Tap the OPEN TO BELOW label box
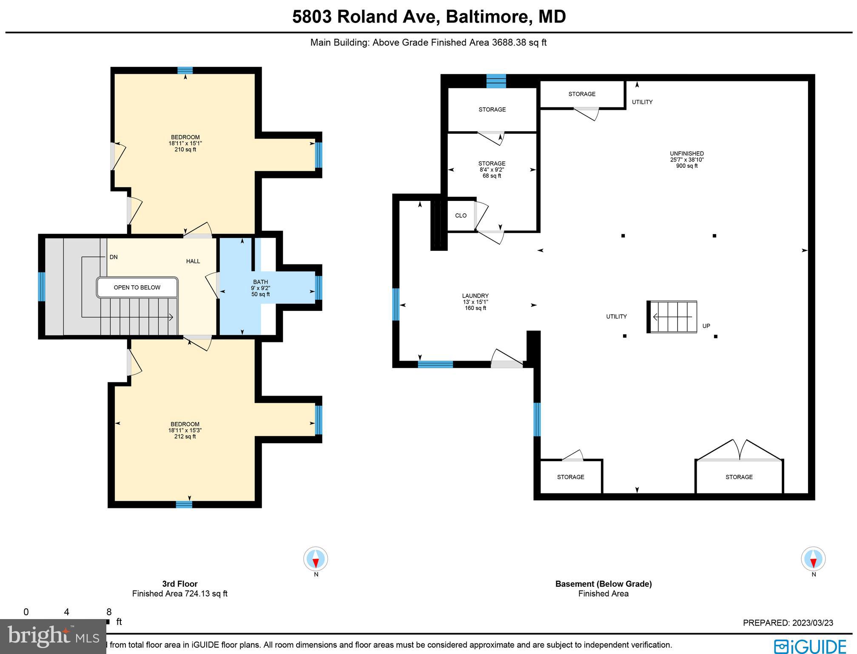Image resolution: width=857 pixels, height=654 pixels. pyautogui.click(x=137, y=287)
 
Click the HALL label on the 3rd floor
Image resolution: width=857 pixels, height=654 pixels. pyautogui.click(x=193, y=261)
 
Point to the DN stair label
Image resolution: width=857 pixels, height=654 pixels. pyautogui.click(x=114, y=257)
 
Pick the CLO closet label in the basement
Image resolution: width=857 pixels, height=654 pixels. pyautogui.click(x=461, y=215)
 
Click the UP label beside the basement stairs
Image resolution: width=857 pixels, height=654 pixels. pyautogui.click(x=706, y=326)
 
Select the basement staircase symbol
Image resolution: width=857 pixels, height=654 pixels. pyautogui.click(x=672, y=317)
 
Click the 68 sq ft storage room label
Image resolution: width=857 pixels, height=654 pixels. pyautogui.click(x=492, y=169)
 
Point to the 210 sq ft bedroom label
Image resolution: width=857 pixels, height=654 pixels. pyautogui.click(x=185, y=143)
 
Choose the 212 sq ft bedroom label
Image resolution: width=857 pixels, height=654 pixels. pyautogui.click(x=185, y=430)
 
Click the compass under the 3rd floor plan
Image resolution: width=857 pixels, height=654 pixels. pyautogui.click(x=316, y=559)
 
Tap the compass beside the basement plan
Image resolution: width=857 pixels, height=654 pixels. pyautogui.click(x=813, y=559)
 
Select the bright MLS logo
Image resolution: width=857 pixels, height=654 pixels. pyautogui.click(x=53, y=636)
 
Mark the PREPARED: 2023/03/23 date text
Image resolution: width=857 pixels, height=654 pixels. pyautogui.click(x=788, y=623)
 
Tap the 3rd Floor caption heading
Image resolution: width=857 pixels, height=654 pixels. pyautogui.click(x=179, y=584)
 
